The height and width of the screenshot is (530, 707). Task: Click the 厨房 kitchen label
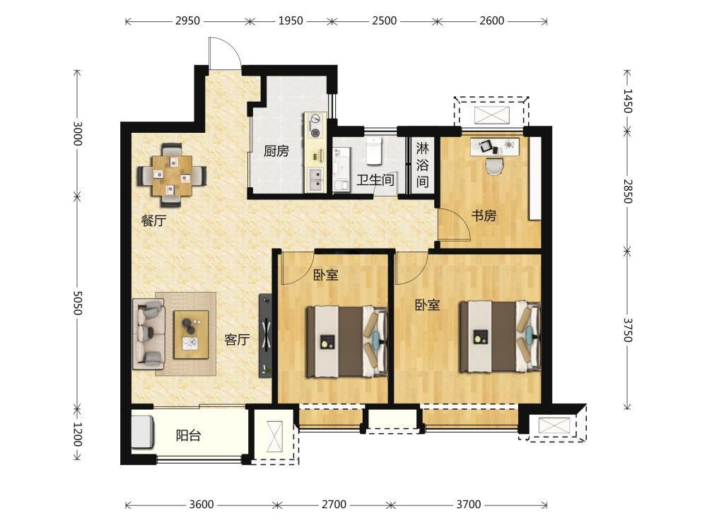coord(276,151)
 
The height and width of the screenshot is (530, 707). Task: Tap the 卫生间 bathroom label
coord(375,179)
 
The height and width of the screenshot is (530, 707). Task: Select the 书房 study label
coord(484,216)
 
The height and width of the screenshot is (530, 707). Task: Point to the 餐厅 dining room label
coord(153,220)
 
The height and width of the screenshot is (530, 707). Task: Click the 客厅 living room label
coord(237,339)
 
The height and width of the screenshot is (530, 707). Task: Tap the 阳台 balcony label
coord(188,436)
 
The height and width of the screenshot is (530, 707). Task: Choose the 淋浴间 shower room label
coord(422,165)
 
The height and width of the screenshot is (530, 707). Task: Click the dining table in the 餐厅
coord(172,175)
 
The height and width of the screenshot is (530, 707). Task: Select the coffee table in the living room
coord(191,334)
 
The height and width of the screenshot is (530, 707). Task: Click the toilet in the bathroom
coord(374,151)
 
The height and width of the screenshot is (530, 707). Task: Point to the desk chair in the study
coord(494,165)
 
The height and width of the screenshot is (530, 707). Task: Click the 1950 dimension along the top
coord(291,20)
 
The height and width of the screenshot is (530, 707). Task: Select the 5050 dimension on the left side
coord(77,302)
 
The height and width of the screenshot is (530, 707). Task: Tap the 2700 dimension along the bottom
coord(334,505)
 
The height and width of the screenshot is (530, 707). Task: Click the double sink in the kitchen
coord(315,179)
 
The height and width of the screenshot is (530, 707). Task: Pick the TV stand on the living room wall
coord(265,336)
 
